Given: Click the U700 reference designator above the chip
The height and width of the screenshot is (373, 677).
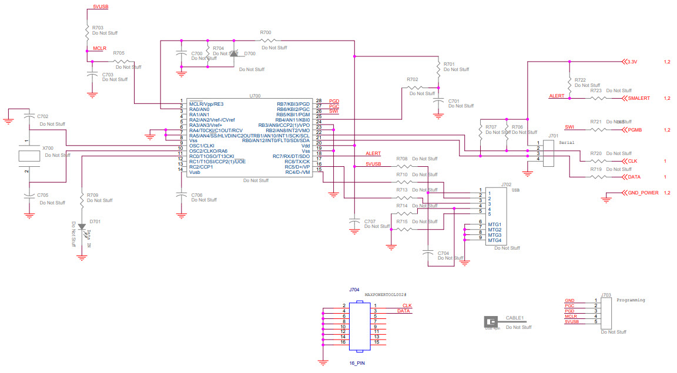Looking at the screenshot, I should tap(254, 95).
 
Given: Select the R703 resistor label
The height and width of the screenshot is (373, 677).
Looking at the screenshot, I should tap(98, 28).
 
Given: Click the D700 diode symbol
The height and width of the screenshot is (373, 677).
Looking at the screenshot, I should tap(233, 54).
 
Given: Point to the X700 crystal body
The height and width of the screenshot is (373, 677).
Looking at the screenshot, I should tap(28, 156).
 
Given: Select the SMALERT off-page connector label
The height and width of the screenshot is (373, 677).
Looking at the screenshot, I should tap(639, 98).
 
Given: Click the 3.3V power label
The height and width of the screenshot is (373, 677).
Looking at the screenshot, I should tap(632, 62).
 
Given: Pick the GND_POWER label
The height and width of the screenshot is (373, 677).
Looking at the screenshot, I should tap(643, 193).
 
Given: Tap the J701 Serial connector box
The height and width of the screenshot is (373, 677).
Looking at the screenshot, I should tap(548, 152).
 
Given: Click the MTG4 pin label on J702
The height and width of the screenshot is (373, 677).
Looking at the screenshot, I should tap(494, 240).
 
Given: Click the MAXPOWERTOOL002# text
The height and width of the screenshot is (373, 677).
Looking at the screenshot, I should tap(386, 294).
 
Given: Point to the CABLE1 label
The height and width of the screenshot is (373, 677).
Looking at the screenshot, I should tap(514, 318).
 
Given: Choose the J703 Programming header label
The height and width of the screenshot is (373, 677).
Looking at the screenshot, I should tap(606, 295).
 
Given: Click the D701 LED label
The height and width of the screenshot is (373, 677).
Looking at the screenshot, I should tap(95, 222).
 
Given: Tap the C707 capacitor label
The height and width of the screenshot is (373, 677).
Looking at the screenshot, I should tap(370, 221).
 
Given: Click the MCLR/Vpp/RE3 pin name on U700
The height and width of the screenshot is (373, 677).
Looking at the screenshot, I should tap(206, 104).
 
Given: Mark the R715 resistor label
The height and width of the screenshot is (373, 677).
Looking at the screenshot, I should tap(402, 221).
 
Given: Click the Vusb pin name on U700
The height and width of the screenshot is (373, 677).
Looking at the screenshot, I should tap(195, 172).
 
